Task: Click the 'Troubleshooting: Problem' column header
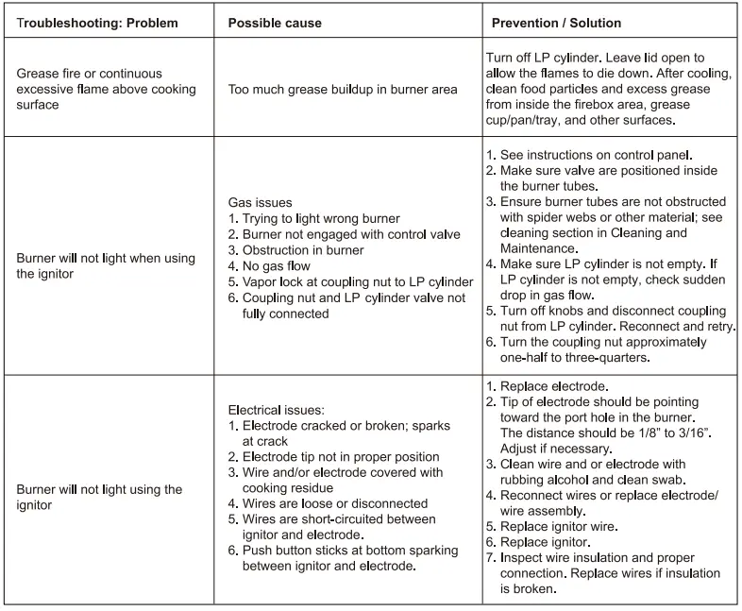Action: [97, 23]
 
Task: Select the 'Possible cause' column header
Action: [275, 23]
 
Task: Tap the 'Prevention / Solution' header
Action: [556, 23]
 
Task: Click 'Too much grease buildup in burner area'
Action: [343, 90]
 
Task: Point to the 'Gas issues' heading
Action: [261, 202]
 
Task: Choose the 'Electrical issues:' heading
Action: [277, 410]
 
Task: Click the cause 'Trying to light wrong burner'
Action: [321, 218]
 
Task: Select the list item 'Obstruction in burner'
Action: [302, 250]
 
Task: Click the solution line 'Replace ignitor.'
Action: [545, 542]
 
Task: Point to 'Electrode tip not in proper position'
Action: [341, 457]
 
